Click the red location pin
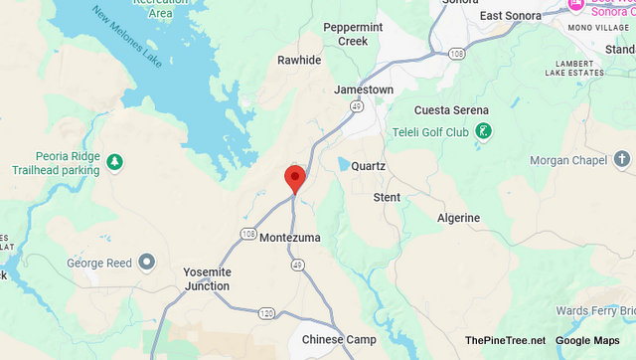tap(294, 178)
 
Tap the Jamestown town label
tap(363, 90)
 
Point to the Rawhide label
tap(299, 60)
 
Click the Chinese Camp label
tap(339, 340)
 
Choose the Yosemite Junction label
tap(207, 278)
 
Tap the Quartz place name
tap(368, 165)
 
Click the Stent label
tap(387, 198)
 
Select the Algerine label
tap(458, 218)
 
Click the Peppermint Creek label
tap(346, 35)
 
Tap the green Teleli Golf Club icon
tap(483, 130)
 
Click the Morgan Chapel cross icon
tap(622, 159)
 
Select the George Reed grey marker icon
tap(147, 263)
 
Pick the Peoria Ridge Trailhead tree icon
tap(115, 161)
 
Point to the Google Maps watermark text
tap(586, 340)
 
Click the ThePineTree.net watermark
tap(505, 340)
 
